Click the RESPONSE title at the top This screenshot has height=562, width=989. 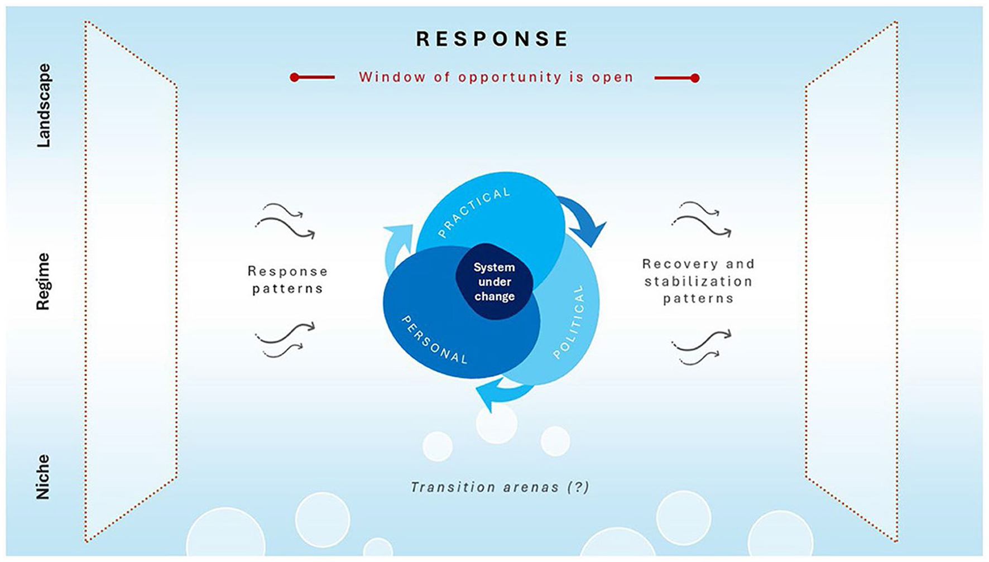(x=492, y=39)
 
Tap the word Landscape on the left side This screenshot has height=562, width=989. (x=43, y=105)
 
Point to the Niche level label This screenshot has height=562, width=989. (x=43, y=477)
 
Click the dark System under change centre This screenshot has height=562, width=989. (x=494, y=282)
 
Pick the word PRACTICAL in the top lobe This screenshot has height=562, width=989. (x=474, y=212)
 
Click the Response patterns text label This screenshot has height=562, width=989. (x=287, y=280)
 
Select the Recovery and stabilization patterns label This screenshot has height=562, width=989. (x=698, y=281)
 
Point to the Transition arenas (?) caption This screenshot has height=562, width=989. (x=500, y=487)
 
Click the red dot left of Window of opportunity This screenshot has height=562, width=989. (x=294, y=78)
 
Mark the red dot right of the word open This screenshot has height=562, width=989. (x=695, y=78)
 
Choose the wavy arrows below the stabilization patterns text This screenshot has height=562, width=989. (x=701, y=347)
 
